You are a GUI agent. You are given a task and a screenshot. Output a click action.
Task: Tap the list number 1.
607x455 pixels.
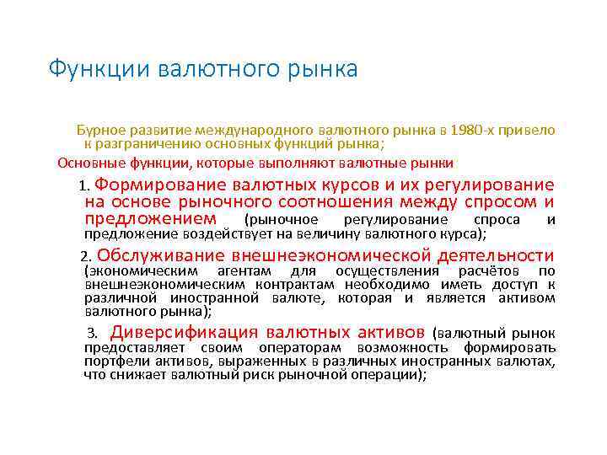tap(83, 186)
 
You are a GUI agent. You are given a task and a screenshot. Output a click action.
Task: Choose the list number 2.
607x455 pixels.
tap(84, 257)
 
